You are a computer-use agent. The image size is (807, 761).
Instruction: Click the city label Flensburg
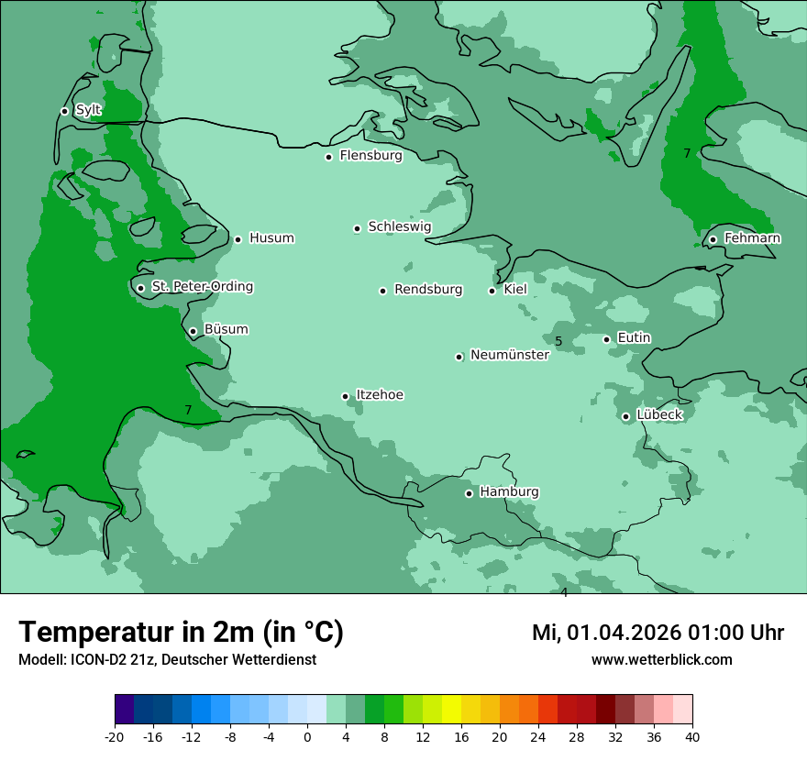tap(370, 156)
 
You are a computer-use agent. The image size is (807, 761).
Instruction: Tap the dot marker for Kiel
tap(492, 291)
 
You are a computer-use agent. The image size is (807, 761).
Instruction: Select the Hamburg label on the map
tap(509, 492)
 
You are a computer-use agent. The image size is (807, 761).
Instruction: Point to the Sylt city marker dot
tap(65, 111)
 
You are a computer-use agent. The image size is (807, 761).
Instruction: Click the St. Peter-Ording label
tap(202, 287)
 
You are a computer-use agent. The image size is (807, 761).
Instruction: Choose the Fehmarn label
tap(752, 238)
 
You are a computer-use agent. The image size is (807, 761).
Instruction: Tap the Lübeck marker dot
tap(626, 416)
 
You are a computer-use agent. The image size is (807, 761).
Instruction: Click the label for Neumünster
tap(509, 355)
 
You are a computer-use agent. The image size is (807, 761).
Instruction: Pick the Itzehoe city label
tap(380, 395)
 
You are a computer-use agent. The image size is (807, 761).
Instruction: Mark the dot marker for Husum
tap(238, 239)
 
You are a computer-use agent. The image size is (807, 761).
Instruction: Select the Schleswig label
tap(399, 226)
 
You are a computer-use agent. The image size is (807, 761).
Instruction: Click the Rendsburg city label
tap(428, 290)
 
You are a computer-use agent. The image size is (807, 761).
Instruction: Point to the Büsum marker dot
tap(193, 331)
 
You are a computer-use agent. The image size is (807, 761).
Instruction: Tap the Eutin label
tap(634, 338)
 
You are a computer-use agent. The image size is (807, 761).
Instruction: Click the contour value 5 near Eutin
tap(558, 342)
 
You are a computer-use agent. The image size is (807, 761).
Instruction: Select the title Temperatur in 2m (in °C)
tap(181, 632)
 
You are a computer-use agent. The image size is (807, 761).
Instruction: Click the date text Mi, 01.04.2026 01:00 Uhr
tap(658, 633)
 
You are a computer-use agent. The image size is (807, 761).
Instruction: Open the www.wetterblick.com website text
tap(661, 660)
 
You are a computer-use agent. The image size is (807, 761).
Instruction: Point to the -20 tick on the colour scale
tap(115, 736)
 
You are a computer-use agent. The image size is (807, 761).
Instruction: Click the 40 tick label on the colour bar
tap(692, 736)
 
